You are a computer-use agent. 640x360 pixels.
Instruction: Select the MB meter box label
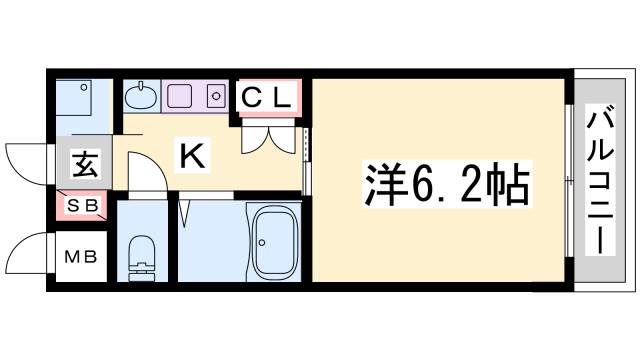point(81,257)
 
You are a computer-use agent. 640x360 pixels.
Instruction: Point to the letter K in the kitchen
point(192,155)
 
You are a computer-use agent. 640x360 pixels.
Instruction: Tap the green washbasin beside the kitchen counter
point(141,98)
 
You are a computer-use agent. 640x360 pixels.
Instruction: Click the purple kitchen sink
point(182,97)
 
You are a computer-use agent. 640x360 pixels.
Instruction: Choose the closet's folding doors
point(268,138)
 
